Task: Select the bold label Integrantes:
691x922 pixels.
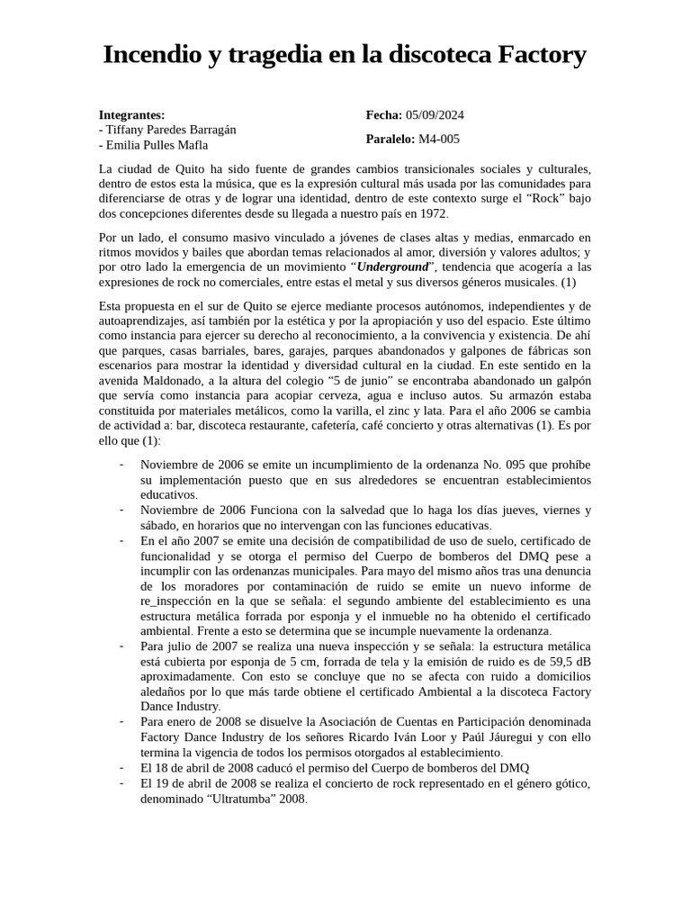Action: (132, 114)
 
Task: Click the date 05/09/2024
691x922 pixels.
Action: (435, 114)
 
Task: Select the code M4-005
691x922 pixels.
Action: (439, 140)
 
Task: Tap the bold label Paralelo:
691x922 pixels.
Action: (390, 140)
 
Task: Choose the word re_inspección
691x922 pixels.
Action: (179, 601)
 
